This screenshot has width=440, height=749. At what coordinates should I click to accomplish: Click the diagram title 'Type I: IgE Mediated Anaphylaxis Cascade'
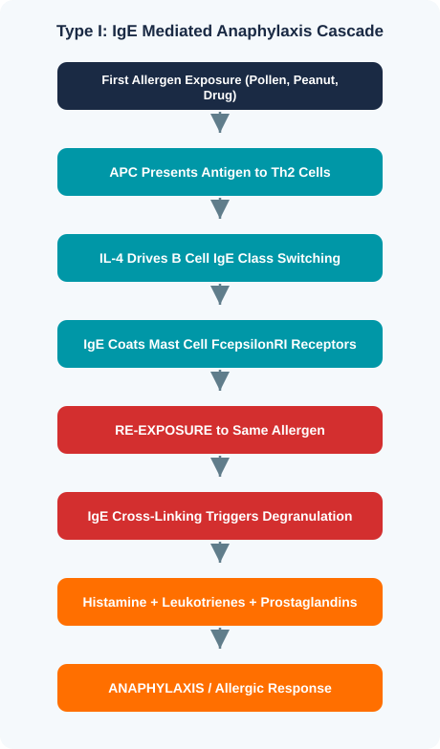[x=220, y=31]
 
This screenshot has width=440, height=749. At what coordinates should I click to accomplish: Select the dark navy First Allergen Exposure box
[x=220, y=86]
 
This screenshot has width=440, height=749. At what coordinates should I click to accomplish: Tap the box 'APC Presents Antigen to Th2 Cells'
[x=220, y=172]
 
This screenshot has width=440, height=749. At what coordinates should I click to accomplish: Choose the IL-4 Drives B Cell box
[x=220, y=258]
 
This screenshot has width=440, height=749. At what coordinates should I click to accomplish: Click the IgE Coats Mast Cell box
[x=220, y=344]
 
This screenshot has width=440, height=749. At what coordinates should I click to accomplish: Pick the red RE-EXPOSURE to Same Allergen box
[x=220, y=430]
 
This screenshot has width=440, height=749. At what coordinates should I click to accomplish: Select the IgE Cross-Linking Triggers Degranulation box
[x=220, y=516]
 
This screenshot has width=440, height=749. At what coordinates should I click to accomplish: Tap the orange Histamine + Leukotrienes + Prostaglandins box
[x=220, y=602]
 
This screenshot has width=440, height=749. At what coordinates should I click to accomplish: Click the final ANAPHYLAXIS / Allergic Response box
[x=220, y=688]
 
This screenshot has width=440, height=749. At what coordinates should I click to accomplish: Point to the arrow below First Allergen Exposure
[x=220, y=122]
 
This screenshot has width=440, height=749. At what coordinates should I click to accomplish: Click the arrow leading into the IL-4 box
[x=220, y=208]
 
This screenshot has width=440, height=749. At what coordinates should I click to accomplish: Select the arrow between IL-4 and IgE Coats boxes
[x=220, y=294]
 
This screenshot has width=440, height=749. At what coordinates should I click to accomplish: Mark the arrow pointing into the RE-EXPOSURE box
[x=220, y=380]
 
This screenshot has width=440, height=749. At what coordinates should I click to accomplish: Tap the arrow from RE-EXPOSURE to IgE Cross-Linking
[x=220, y=466]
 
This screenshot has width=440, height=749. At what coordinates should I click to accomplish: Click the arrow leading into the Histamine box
[x=220, y=552]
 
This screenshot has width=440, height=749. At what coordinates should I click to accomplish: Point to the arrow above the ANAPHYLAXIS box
[x=220, y=638]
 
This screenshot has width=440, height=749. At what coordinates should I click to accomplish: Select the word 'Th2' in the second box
[x=283, y=172]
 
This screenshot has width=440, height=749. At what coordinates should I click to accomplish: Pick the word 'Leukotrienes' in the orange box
[x=204, y=602]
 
